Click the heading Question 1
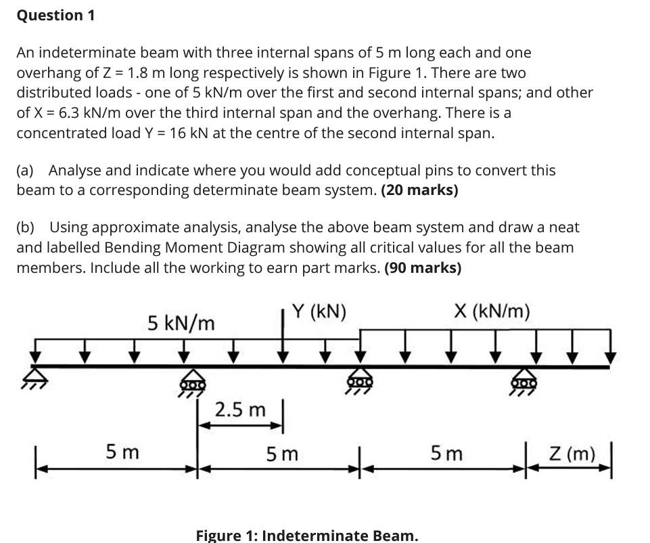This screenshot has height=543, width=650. coord(55,16)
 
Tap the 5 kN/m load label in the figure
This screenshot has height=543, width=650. coord(181,324)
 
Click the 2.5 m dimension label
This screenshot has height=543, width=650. coord(240,410)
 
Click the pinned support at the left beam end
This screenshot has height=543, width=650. coord(34,374)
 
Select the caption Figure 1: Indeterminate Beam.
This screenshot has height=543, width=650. coord(307,536)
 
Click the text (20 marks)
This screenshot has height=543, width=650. coord(419,190)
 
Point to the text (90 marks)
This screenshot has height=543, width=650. coord(423,267)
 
